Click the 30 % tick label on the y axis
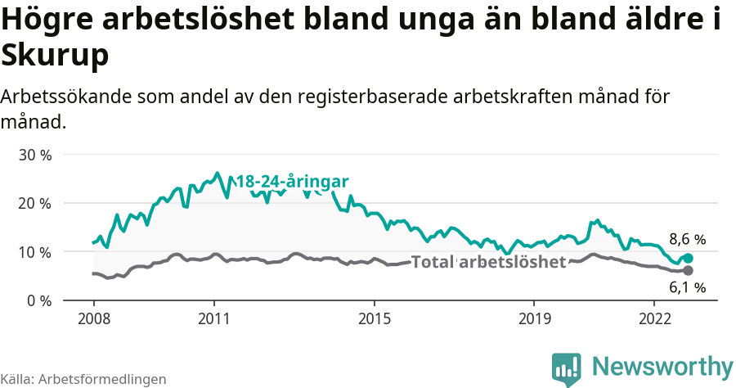[34, 155]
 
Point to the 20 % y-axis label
[34, 203]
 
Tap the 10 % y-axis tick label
[34, 252]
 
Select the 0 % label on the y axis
[38, 300]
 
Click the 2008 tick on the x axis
[93, 318]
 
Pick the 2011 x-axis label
[213, 318]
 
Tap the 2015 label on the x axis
[374, 318]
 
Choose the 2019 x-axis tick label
[534, 318]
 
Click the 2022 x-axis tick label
[654, 318]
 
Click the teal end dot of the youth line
[688, 258]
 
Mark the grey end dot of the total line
[688, 270]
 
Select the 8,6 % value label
[687, 240]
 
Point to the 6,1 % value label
[687, 287]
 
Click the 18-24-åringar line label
[292, 182]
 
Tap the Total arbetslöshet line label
[488, 262]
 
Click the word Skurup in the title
[55, 56]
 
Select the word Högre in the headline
[50, 20]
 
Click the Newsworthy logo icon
[566, 368]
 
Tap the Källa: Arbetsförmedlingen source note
[83, 379]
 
